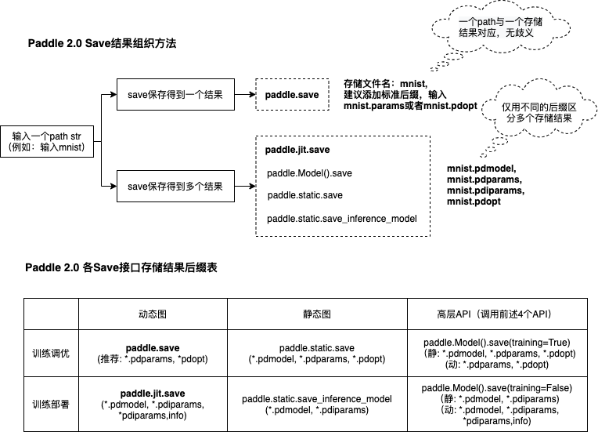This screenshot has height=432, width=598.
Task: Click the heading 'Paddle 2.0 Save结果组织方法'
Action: click(102, 44)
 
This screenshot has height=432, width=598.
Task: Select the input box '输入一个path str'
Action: click(47, 141)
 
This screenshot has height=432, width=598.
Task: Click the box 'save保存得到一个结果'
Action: click(175, 95)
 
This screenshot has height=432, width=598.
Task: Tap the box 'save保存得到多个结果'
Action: click(175, 187)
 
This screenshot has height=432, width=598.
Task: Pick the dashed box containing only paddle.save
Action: click(292, 95)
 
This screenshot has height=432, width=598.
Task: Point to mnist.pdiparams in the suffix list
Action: click(485, 191)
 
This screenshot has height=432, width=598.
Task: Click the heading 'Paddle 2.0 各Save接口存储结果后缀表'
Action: click(121, 267)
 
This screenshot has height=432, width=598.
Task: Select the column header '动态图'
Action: click(153, 313)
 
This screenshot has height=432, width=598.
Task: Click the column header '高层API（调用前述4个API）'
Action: click(496, 313)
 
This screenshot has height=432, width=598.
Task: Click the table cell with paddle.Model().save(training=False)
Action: click(496, 404)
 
